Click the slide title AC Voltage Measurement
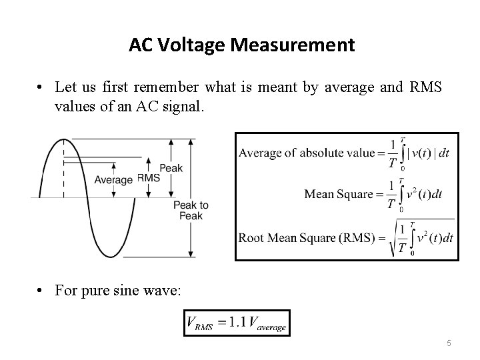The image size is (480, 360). point(241,45)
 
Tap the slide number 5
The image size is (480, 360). point(449,343)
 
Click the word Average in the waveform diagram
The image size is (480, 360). point(113,179)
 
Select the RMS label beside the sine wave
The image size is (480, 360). point(149,178)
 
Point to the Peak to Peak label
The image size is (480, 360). point(191,211)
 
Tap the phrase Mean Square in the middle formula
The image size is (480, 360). point(339,195)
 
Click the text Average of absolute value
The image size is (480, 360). point(307,153)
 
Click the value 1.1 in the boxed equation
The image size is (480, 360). point(237,323)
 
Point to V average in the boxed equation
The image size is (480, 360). point(266,325)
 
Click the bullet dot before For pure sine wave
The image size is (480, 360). point(41,293)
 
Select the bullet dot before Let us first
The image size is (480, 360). point(41,87)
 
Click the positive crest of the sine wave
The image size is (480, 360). point(63,140)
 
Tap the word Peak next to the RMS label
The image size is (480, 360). point(171,168)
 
